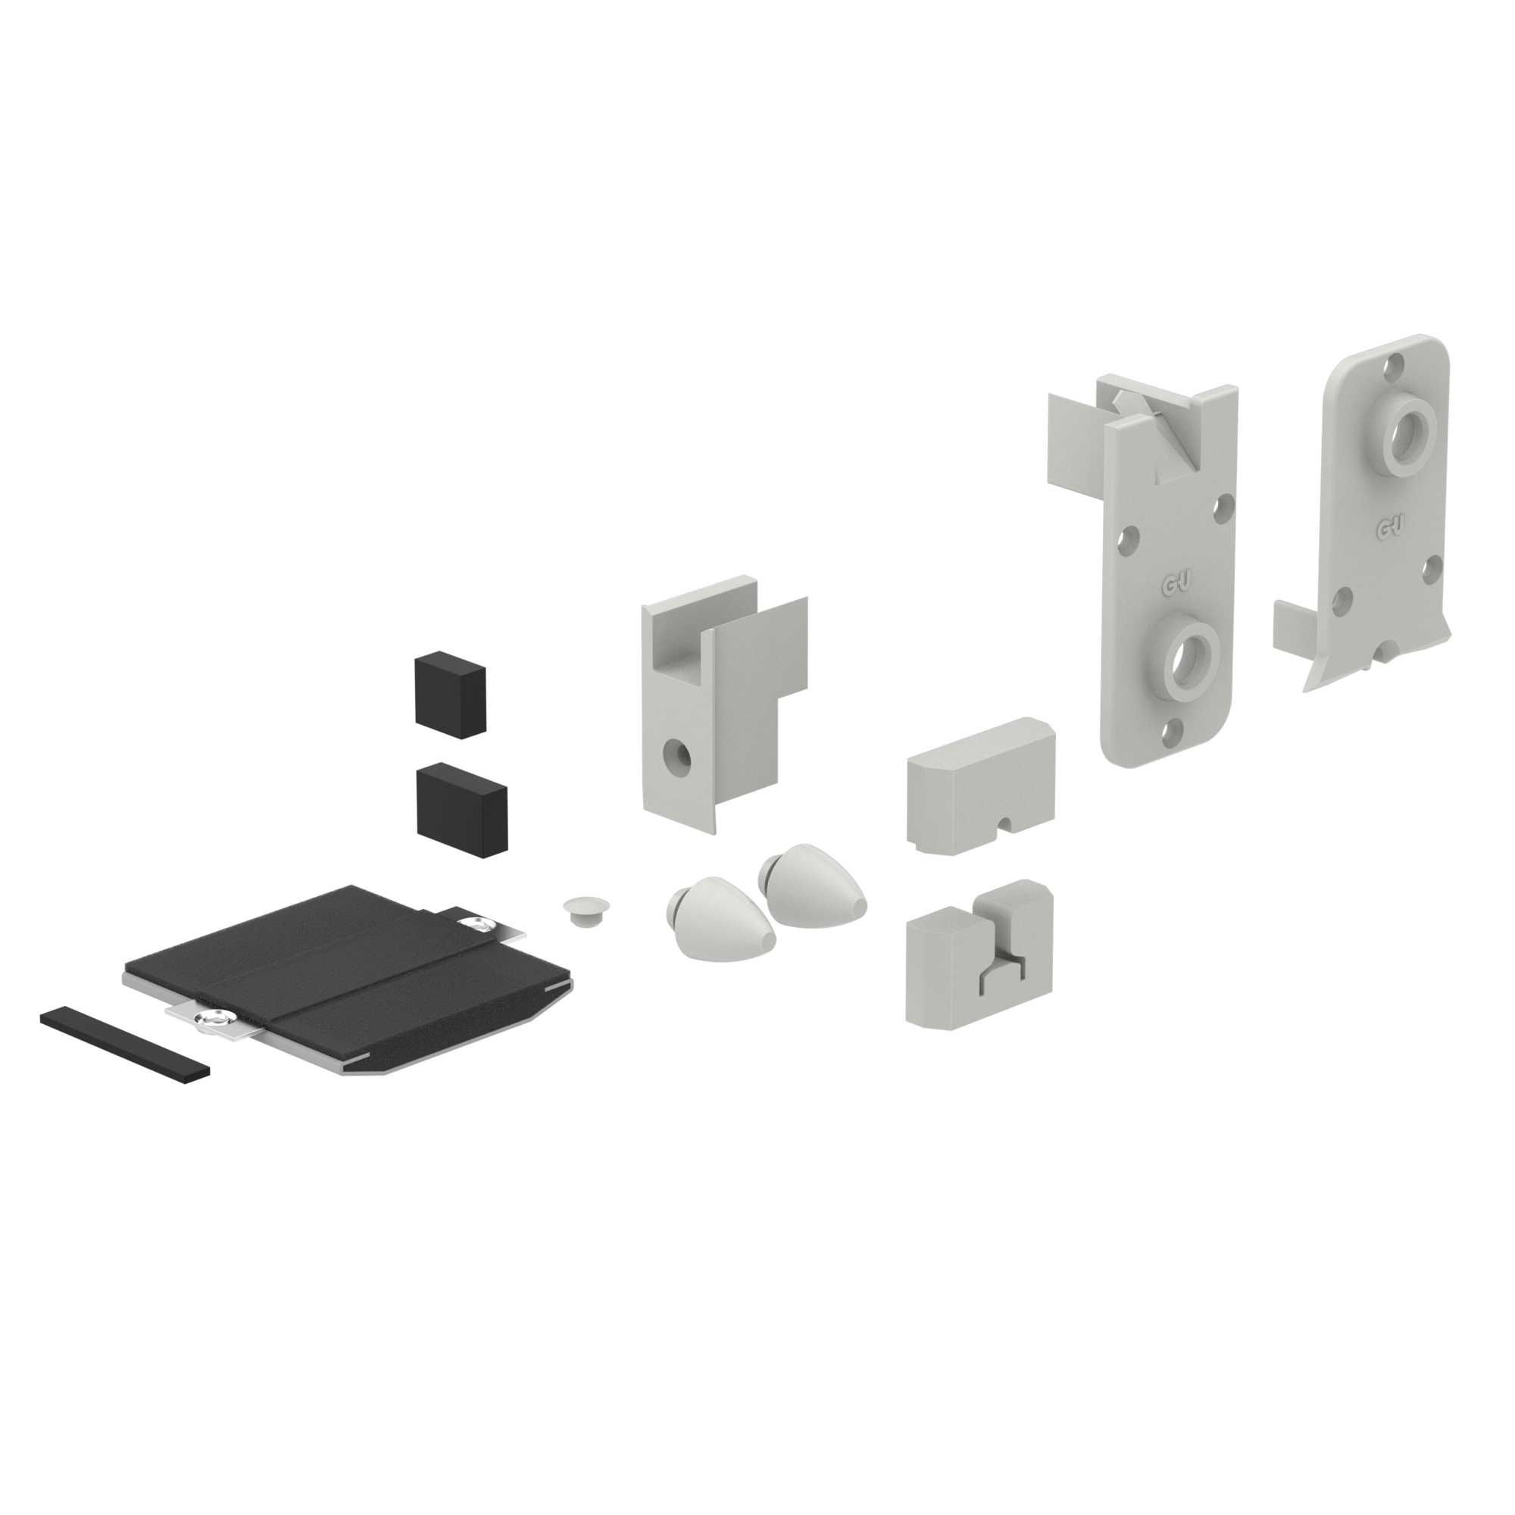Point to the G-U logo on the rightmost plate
click(1390, 529)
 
